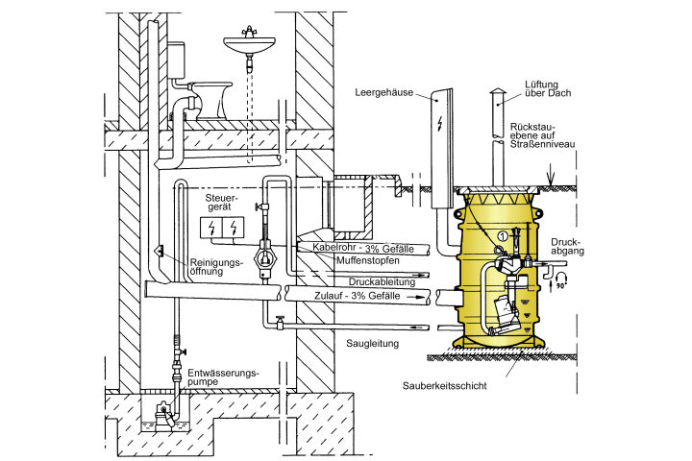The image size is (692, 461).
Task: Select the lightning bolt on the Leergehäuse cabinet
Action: coord(439,124)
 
